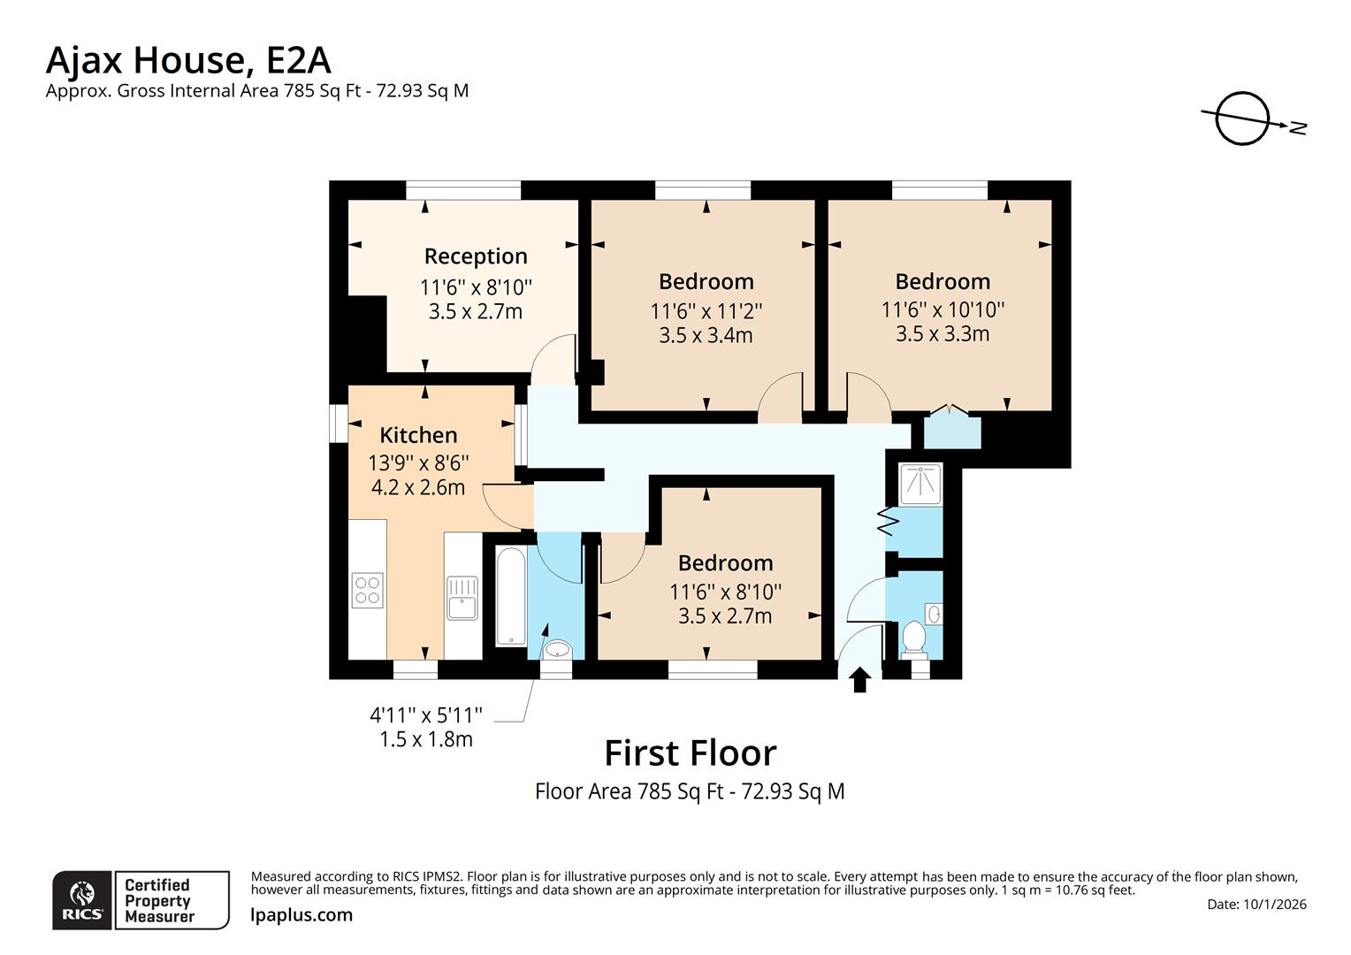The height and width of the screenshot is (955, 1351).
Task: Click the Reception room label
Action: [476, 256]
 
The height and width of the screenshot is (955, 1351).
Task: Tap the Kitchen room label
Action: [418, 435]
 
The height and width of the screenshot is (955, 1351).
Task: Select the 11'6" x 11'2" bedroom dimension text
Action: [706, 311]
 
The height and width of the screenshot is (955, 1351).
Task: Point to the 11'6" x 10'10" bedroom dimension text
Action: [943, 309]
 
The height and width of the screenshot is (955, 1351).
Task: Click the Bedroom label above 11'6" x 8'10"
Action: [725, 563]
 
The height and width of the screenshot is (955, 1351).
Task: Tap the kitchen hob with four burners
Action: [367, 591]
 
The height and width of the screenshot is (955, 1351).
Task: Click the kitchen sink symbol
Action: [462, 597]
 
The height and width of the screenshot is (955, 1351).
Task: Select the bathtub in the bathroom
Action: [511, 597]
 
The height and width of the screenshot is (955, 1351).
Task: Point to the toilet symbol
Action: [912, 637]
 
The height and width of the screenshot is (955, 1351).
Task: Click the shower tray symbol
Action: [920, 484]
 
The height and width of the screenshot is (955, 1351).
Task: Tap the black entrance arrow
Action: [859, 679]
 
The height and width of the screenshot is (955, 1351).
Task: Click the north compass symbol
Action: [1243, 118]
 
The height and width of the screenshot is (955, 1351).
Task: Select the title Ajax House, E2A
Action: [188, 60]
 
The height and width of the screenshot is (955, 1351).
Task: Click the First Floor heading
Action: [690, 753]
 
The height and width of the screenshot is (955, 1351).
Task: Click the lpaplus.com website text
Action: [301, 915]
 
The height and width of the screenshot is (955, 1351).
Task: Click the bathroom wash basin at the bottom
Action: [556, 651]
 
